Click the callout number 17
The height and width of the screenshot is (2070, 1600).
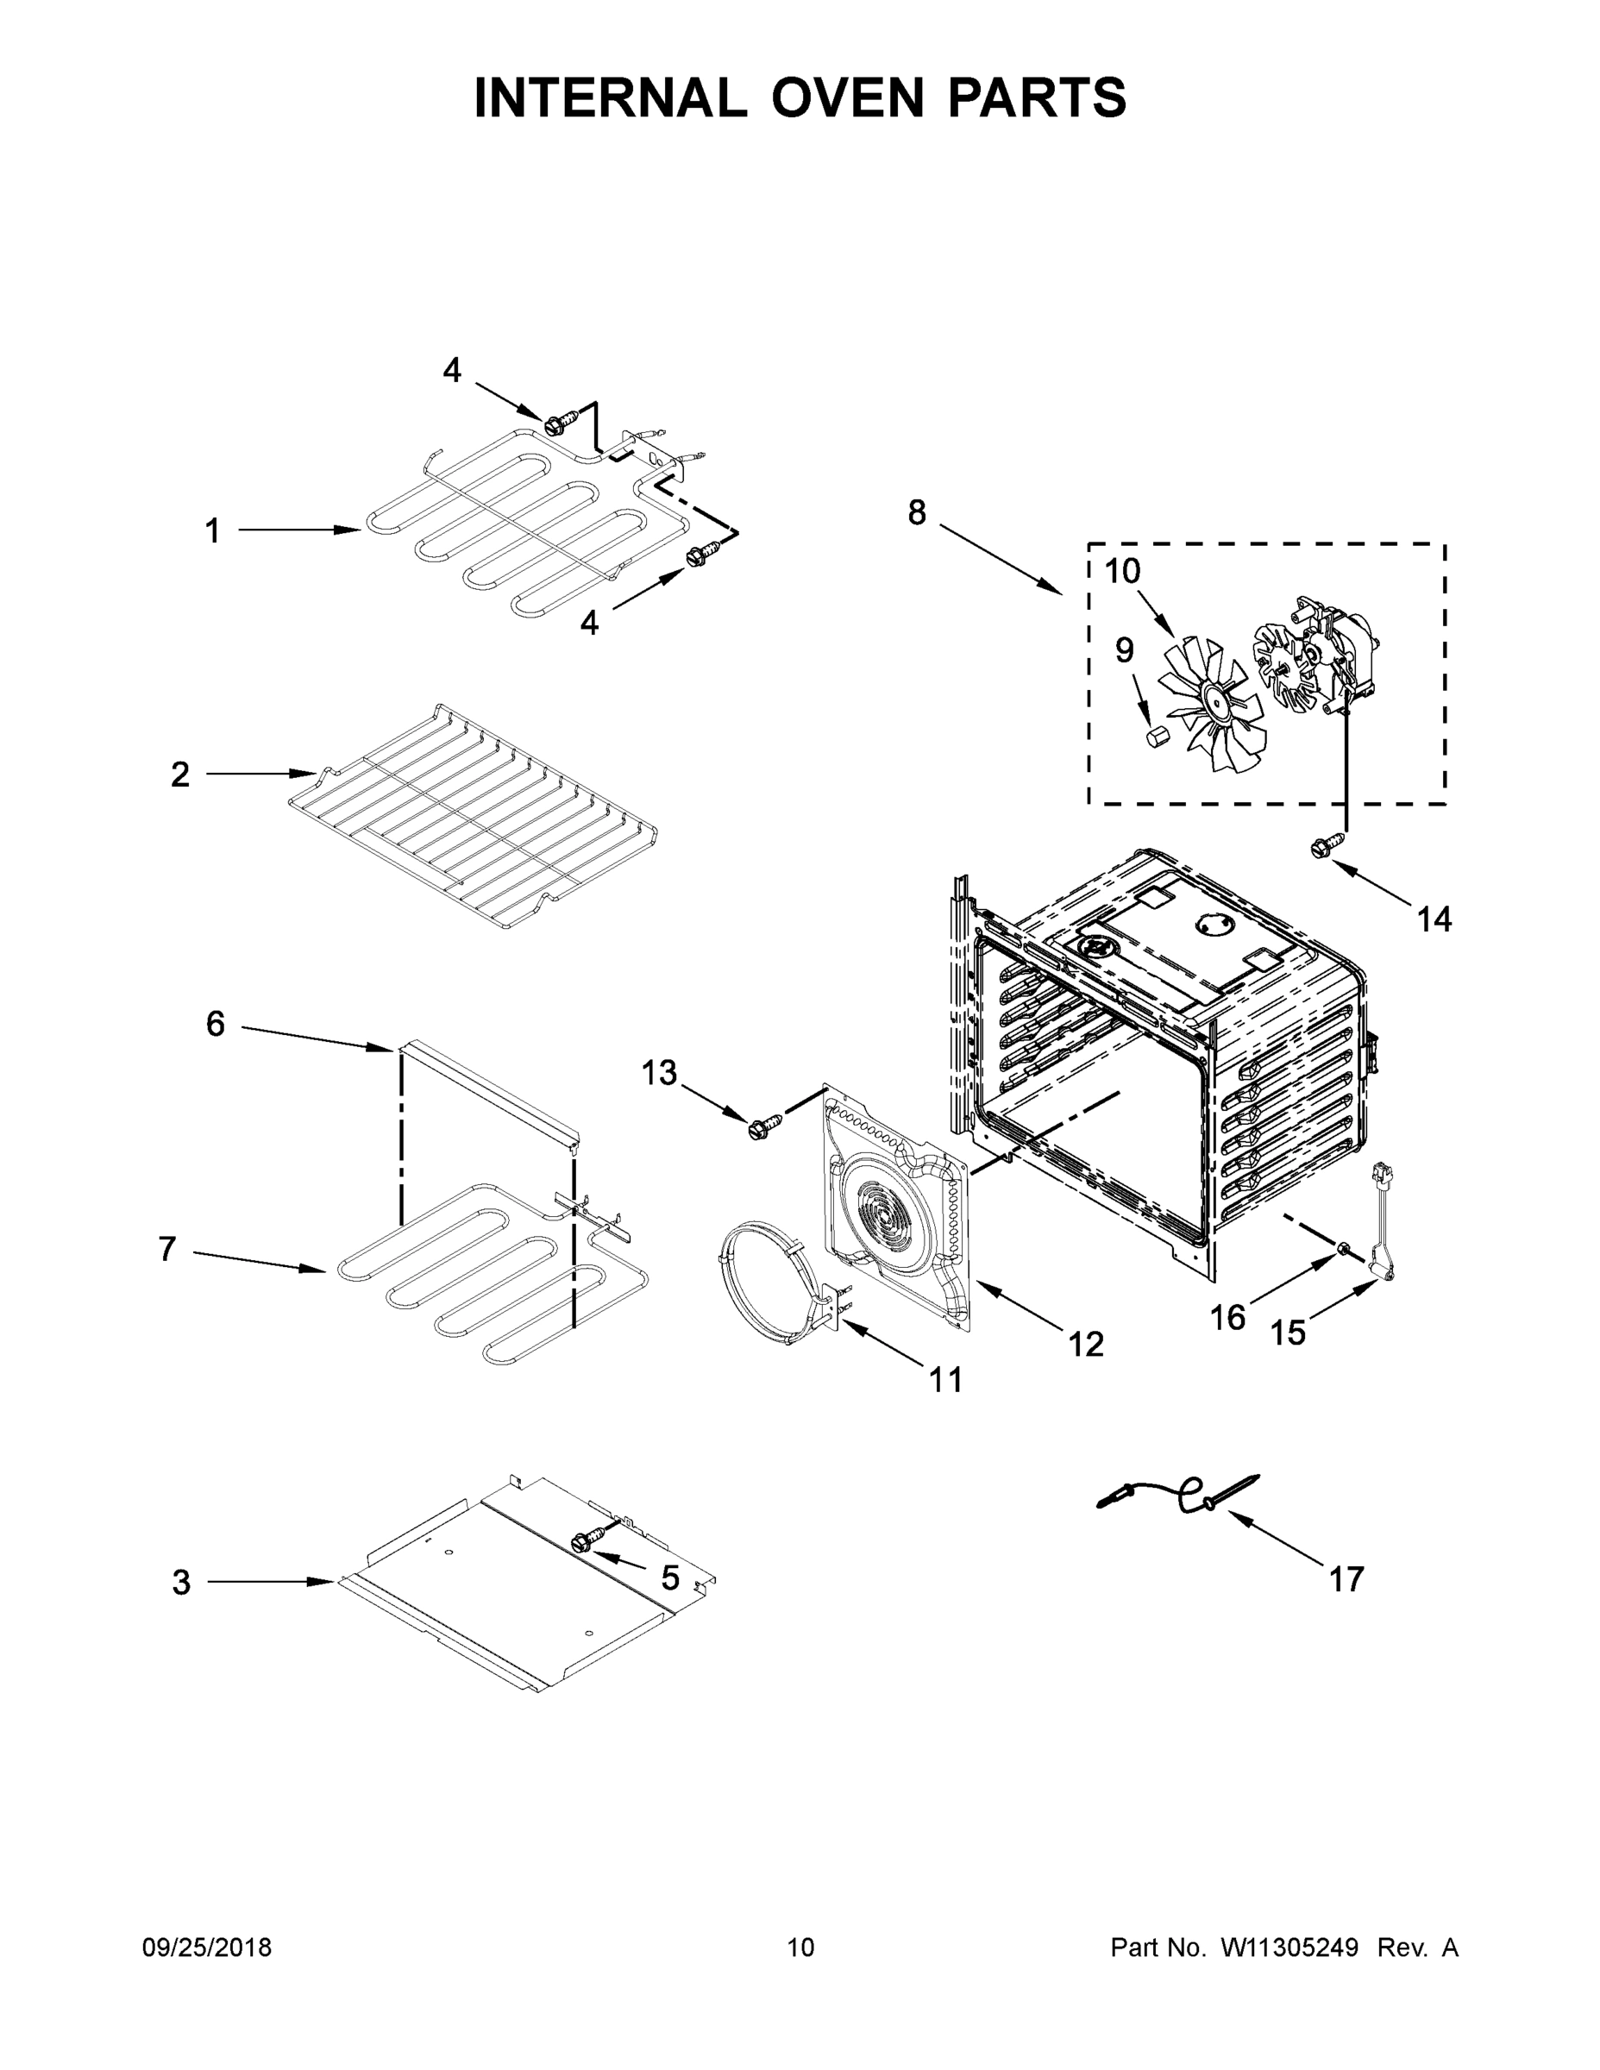click(x=1346, y=1579)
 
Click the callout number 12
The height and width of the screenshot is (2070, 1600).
click(x=1086, y=1344)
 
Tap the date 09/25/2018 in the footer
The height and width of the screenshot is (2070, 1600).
click(x=207, y=1947)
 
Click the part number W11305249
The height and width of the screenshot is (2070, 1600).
click(x=1289, y=1947)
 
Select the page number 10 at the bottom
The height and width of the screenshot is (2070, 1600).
click(x=801, y=1947)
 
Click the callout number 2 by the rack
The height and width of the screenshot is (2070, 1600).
click(x=180, y=775)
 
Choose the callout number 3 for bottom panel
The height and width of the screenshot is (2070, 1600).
click(x=181, y=1582)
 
